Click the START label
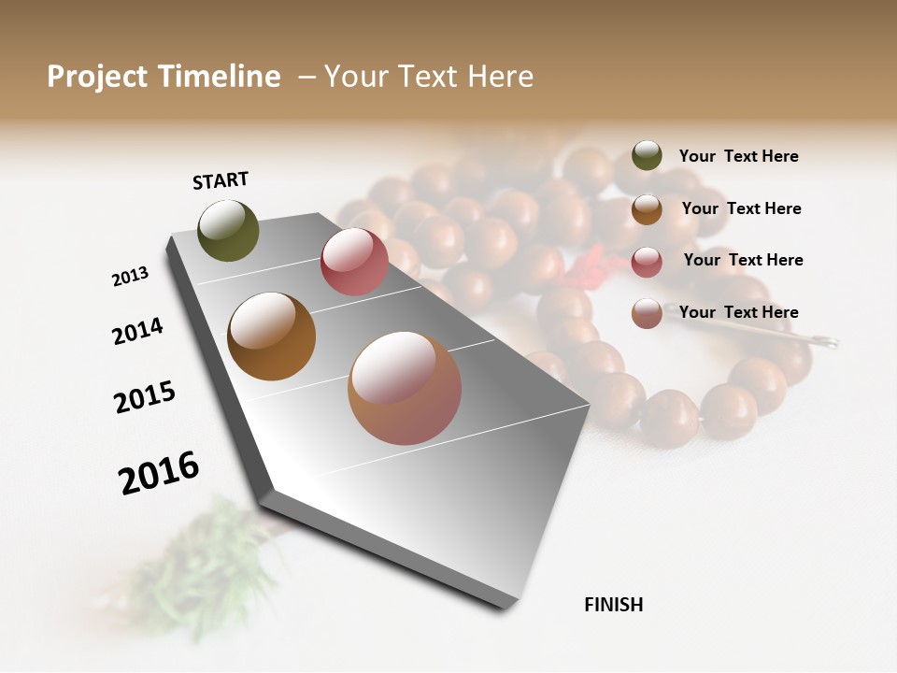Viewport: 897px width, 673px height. [221, 179]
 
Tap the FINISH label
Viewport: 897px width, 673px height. [613, 605]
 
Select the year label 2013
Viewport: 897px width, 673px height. [130, 277]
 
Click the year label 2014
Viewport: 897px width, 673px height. [137, 331]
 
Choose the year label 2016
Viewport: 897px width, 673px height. [159, 472]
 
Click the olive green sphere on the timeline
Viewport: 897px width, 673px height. [228, 230]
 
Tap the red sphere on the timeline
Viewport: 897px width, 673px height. [354, 262]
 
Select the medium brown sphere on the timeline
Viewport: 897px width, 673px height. [271, 336]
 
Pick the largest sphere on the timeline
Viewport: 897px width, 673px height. [405, 387]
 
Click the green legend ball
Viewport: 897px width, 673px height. [647, 156]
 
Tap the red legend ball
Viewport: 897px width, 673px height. [647, 262]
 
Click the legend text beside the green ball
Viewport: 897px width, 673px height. [738, 156]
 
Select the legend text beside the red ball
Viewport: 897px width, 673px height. [743, 260]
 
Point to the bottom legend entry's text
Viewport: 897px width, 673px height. [738, 312]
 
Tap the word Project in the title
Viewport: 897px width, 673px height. [96, 77]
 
